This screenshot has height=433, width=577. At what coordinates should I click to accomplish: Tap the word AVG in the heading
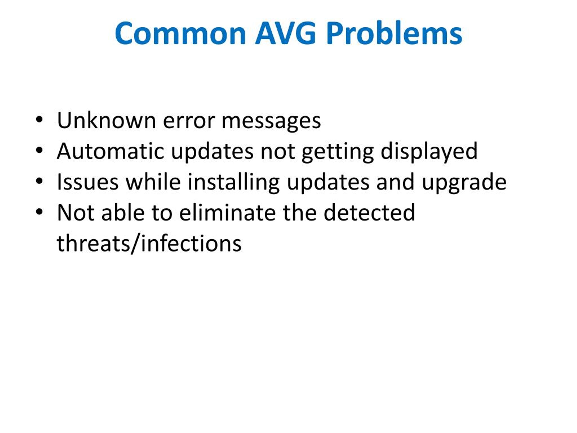pos(285,33)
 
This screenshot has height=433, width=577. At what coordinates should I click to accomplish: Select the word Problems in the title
pos(394,34)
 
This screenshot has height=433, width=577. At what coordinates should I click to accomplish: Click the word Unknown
pos(106,120)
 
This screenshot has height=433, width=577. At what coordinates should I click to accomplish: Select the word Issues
pos(88,182)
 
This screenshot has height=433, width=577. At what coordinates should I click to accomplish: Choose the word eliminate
pos(227,213)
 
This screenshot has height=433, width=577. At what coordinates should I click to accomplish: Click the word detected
pos(369,213)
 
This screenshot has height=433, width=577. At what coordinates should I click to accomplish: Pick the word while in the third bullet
pos(153,182)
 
